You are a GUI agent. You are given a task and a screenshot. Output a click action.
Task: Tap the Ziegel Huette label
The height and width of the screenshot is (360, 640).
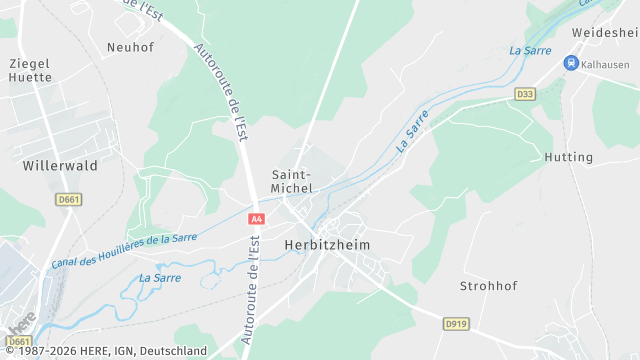(29, 71)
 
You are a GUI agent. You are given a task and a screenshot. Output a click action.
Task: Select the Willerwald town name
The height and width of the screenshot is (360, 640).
(60, 166)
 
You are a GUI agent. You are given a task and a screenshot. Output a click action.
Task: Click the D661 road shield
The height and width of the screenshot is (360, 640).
(67, 200)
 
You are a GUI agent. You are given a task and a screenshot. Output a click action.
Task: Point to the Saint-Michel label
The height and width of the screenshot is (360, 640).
(292, 181)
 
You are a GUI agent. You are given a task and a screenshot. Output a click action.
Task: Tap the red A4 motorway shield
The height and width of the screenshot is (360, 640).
(257, 218)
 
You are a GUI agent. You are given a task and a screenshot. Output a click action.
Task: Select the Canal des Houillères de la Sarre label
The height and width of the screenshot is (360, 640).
(123, 251)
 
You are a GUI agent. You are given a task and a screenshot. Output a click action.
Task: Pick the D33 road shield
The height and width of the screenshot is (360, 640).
(525, 94)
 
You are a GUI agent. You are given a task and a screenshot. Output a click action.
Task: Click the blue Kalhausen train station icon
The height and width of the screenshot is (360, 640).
(571, 64)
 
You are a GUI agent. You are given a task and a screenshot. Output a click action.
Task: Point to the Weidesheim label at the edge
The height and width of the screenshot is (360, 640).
(605, 33)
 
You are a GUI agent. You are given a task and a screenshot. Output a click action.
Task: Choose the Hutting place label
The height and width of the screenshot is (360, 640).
(568, 158)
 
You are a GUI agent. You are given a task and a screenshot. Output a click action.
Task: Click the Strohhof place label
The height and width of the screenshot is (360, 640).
(487, 286)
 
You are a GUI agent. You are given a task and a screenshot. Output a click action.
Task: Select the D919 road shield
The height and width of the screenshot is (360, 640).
(456, 323)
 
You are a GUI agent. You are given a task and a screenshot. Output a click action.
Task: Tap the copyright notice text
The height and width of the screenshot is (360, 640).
(104, 351)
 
